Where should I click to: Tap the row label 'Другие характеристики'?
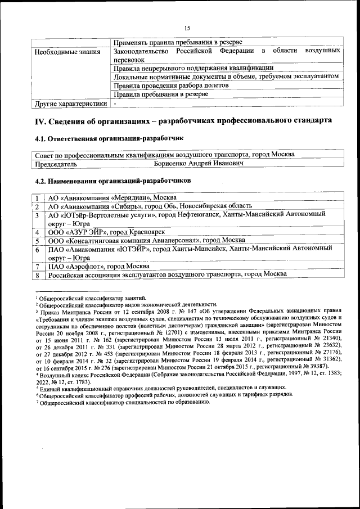point(70,104)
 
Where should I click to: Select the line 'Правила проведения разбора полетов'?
point(170,86)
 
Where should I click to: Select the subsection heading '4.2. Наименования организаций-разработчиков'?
point(113,181)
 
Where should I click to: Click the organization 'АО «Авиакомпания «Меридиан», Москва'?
point(112,197)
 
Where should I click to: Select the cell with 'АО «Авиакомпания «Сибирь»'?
point(150,206)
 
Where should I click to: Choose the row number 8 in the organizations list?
point(37,275)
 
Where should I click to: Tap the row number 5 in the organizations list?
point(37,240)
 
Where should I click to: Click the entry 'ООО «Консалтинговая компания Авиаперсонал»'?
point(142,240)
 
